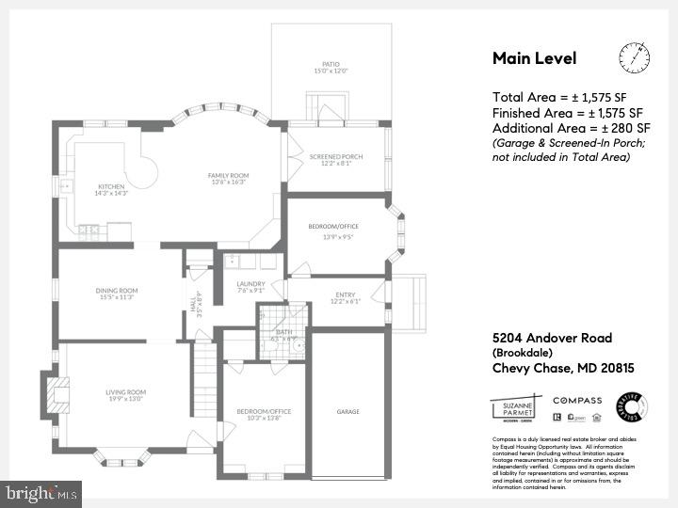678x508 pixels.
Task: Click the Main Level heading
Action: [x=535, y=58]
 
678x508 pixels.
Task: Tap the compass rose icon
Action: [x=635, y=57]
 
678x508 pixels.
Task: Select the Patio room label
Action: [x=330, y=68]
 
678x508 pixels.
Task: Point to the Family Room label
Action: [x=228, y=179]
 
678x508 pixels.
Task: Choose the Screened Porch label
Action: [x=336, y=160]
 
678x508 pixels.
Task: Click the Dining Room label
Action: [x=117, y=294]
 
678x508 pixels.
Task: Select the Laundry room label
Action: [x=250, y=287]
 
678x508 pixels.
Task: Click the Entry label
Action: [x=345, y=298]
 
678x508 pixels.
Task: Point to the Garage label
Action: [x=348, y=411]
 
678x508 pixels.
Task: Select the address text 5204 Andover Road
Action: [x=552, y=338]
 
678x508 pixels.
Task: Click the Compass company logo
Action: [x=577, y=400]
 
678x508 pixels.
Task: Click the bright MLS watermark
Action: [x=40, y=492]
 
